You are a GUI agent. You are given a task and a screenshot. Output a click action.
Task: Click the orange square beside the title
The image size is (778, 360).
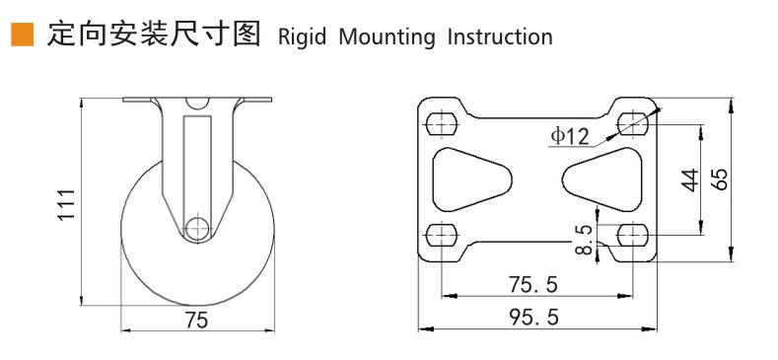click(x=23, y=35)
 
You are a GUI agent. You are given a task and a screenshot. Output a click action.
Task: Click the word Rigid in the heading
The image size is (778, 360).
click(x=302, y=37)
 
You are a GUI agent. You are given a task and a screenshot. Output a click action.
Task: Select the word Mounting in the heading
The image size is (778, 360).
click(x=387, y=37)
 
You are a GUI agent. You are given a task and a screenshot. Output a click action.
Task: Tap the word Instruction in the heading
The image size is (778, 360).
click(x=500, y=37)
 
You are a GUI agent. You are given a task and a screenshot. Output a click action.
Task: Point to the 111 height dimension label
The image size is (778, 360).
click(x=66, y=204)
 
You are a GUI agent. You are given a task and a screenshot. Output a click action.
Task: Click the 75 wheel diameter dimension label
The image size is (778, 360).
click(x=196, y=321)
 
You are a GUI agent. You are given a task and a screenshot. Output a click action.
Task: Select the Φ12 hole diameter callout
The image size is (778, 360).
click(x=570, y=136)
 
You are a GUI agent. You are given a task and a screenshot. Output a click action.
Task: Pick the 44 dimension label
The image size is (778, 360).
click(x=688, y=180)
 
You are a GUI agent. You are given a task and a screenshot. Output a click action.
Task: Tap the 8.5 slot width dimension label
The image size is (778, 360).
click(x=585, y=240)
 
